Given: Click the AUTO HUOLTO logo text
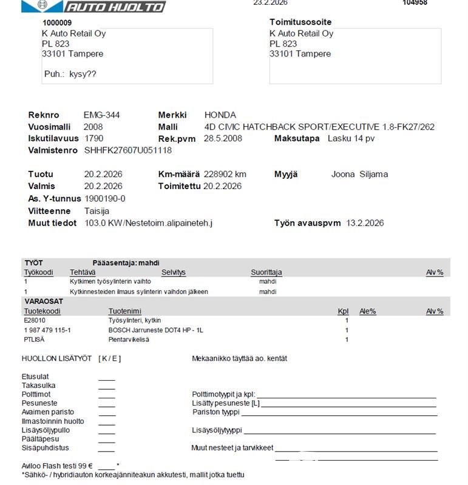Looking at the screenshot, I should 115,7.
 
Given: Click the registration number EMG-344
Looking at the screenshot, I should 101,115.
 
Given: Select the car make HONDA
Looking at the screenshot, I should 220,115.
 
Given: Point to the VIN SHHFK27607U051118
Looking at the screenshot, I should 128,150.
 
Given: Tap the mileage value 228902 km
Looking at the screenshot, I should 225,175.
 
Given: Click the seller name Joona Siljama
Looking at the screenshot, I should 359,175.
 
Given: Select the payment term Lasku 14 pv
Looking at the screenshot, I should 351,139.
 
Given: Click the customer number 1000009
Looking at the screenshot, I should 57,22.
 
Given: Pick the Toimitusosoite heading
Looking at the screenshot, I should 300,22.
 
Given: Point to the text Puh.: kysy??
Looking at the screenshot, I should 70,75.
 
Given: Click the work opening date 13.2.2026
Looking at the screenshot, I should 365,223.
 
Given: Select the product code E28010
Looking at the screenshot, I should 35,320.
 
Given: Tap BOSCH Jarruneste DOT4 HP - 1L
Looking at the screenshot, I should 155,330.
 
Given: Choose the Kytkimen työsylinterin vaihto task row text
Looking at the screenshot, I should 110,281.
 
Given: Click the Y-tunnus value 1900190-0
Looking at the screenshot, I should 105,199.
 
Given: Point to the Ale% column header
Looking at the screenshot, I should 368,311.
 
